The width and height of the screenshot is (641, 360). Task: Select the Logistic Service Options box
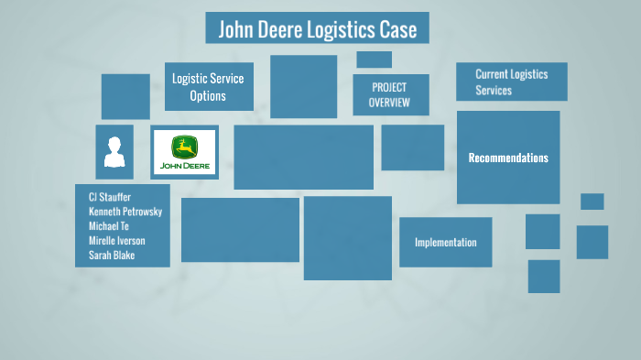209,87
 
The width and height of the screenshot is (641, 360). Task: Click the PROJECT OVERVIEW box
390,95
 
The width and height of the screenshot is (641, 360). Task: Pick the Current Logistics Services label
511,82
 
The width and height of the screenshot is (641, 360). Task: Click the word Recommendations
508,158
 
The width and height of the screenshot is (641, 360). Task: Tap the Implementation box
445,243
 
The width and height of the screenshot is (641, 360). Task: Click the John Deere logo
184,152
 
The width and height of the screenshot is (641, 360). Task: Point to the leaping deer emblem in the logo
184,147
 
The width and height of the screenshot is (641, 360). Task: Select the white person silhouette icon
114,152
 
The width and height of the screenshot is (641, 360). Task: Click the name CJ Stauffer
110,198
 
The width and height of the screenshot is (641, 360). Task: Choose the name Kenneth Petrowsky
125,212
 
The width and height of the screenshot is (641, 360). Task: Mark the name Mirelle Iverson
117,241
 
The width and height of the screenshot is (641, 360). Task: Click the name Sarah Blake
112,256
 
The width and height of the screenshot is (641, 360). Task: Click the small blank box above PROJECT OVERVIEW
374,60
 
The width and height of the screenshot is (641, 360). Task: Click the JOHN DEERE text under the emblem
185,167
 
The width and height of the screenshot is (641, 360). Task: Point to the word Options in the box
208,96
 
